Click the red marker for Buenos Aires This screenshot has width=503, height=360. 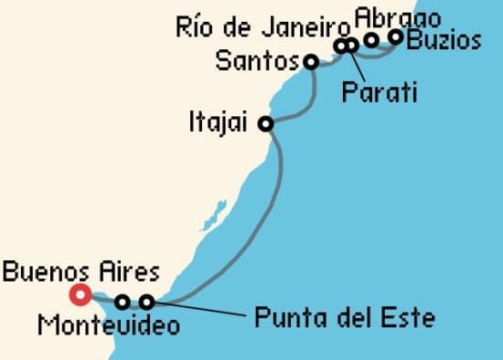click(80, 294)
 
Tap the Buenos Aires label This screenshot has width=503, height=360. click(80, 271)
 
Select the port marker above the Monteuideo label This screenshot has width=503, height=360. click(123, 302)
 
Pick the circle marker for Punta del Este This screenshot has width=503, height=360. click(145, 302)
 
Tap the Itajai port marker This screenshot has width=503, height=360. click(266, 124)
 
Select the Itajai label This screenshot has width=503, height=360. click(219, 122)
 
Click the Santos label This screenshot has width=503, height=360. click(257, 62)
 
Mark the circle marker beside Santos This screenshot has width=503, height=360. click(311, 62)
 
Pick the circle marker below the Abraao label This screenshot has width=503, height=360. click(371, 39)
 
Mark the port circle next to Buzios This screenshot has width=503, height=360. click(396, 37)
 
